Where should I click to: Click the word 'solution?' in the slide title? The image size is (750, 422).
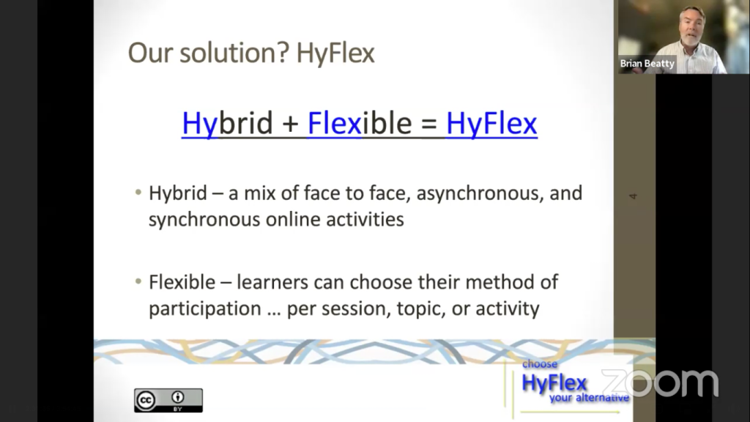tap(234, 53)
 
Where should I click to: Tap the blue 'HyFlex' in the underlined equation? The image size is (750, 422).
tap(491, 123)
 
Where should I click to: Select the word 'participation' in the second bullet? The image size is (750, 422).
tap(205, 309)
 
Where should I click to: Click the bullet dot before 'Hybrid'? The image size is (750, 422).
tap(138, 193)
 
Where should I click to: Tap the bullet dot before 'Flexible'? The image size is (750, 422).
tap(138, 281)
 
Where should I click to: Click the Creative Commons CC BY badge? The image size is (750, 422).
tap(168, 401)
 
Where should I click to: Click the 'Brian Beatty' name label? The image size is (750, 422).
tap(647, 64)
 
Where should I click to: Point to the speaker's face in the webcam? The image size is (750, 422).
tap(691, 29)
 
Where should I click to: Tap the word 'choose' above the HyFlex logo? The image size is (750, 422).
tap(540, 364)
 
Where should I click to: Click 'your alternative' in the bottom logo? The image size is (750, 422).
tap(589, 398)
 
